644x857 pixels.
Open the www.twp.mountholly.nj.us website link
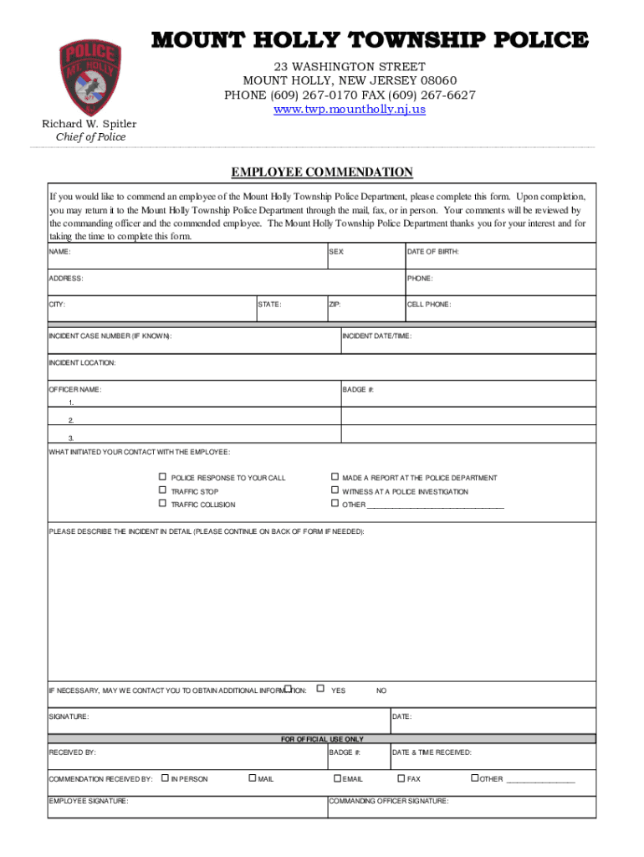350,110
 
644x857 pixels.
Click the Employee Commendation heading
322,172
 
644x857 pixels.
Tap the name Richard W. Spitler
89,124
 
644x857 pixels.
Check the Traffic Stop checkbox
163,490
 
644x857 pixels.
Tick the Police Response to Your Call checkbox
163,477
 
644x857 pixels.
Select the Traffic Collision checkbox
163,504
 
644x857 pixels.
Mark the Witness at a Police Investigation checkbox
335,490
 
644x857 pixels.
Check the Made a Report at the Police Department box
335,477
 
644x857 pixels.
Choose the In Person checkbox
165,778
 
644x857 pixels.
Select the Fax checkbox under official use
400,778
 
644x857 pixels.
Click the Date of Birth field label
432,252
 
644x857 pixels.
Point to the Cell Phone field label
429,305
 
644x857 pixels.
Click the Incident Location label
82,362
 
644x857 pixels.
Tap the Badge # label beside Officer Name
357,390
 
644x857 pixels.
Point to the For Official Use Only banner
322,739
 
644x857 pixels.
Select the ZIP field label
335,305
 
